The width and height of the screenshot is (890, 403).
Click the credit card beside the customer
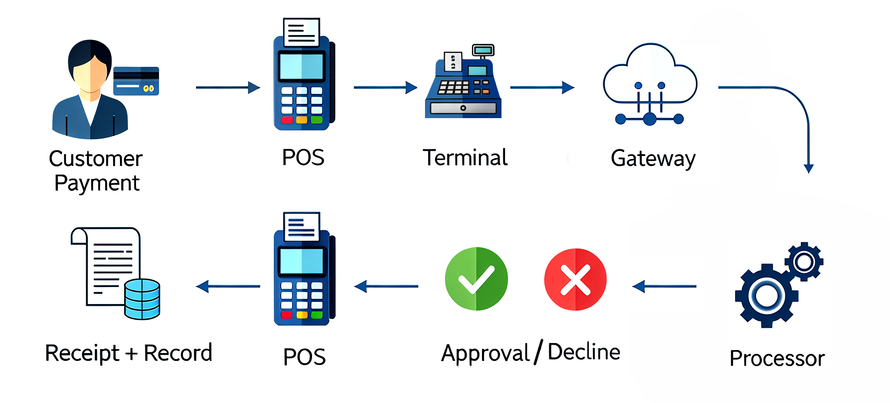pos(136,81)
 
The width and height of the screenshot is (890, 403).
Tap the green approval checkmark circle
pos(476,279)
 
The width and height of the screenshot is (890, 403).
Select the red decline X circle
pos(575,280)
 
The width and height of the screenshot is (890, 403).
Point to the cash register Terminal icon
pos(463,85)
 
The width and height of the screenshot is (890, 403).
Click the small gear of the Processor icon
pos(804,261)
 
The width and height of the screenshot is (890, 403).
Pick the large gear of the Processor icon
pos(766,296)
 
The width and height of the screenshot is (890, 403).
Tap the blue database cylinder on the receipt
pos(142,299)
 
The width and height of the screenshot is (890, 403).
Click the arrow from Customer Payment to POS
pos(228,87)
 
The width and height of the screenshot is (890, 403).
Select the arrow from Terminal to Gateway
pos(542,87)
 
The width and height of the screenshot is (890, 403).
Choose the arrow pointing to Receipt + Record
pos(228,286)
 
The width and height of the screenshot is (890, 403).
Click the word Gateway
pos(653,159)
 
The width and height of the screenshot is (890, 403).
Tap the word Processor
pos(777,359)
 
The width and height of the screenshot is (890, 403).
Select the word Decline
pos(584,352)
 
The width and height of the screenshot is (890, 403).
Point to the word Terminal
pos(465,157)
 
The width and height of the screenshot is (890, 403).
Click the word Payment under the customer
pos(97,183)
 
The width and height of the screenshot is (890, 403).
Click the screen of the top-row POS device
pos(301,66)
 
